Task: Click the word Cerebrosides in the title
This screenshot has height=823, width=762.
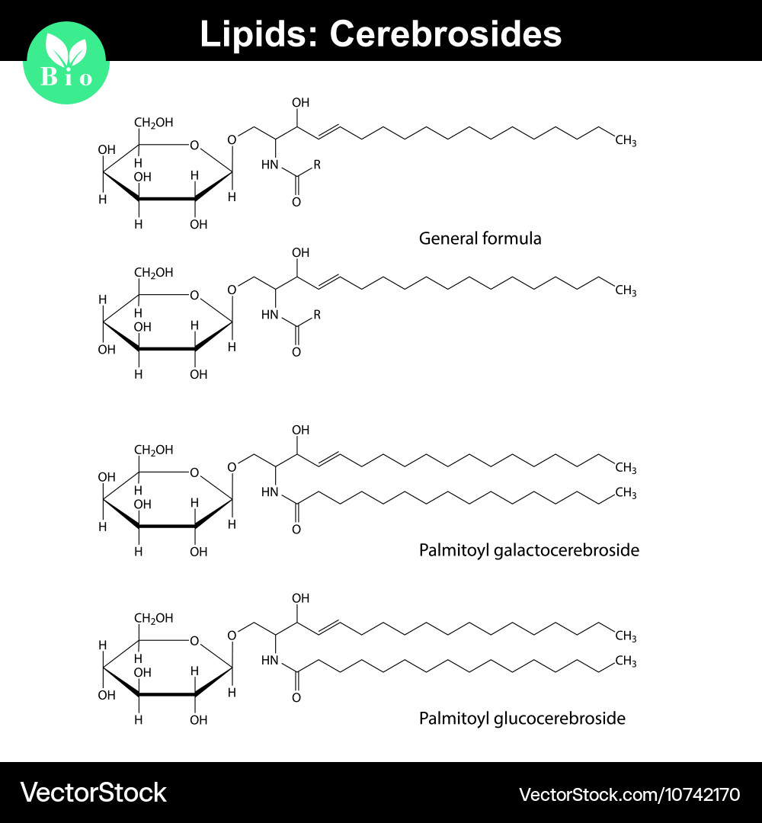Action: [446, 34]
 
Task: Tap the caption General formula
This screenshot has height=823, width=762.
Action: [480, 239]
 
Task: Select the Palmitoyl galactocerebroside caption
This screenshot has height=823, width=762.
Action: [529, 549]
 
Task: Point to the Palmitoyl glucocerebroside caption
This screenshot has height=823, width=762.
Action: [522, 718]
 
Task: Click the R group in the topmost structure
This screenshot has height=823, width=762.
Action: [318, 163]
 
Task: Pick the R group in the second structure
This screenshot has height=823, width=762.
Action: [318, 313]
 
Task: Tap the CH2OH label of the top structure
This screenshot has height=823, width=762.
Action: [154, 123]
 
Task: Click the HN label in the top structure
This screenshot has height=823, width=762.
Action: [270, 164]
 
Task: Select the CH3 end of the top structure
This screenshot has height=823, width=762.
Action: [625, 141]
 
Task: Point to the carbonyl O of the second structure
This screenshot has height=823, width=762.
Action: [296, 352]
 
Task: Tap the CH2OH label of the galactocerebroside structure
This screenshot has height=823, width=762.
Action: [154, 450]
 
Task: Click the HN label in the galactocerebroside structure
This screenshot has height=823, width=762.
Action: [270, 492]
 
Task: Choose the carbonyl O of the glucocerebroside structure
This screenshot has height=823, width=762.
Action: [296, 697]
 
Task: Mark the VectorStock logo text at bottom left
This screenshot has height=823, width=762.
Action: [93, 793]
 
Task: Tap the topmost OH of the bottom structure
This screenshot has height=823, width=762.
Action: [301, 598]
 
